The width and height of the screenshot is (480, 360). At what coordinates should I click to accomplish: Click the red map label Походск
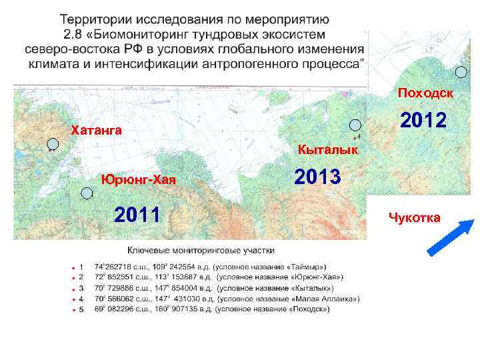click(x=425, y=93)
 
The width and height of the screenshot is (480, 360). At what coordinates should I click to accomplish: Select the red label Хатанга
click(x=96, y=130)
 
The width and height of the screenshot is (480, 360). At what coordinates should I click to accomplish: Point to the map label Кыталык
click(x=328, y=151)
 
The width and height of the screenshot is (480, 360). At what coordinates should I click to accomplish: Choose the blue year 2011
click(x=138, y=215)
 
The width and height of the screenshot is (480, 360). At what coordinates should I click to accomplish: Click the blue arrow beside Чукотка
click(x=451, y=237)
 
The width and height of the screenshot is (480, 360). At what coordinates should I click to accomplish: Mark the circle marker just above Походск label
click(x=461, y=73)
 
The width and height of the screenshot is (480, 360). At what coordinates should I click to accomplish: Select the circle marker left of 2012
click(x=356, y=125)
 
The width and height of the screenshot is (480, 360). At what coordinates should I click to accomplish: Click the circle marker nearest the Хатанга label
click(x=53, y=143)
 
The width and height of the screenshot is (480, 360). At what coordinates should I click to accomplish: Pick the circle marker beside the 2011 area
click(x=86, y=193)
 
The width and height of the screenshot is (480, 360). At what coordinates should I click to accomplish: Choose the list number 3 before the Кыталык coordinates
click(x=81, y=287)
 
